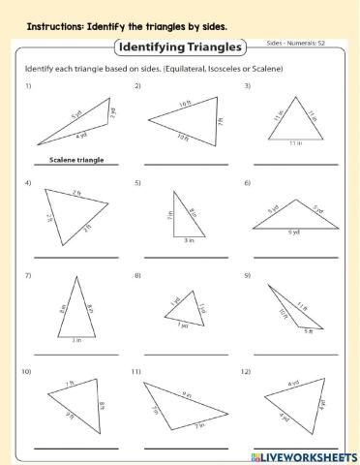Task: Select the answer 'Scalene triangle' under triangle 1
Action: tap(76, 160)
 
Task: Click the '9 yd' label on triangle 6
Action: tap(294, 231)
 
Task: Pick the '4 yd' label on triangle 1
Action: tap(82, 139)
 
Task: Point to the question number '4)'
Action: tap(29, 182)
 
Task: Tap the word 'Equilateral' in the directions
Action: tap(182, 70)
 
